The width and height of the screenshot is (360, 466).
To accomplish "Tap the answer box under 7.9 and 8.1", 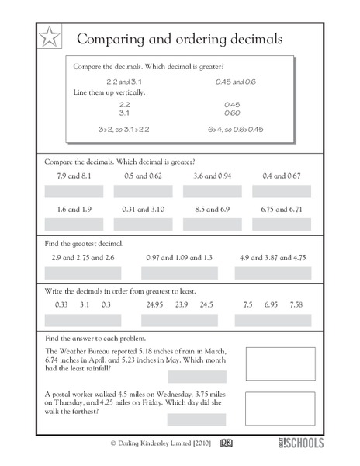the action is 74,191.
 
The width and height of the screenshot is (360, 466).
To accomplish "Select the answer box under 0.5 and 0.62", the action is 143,191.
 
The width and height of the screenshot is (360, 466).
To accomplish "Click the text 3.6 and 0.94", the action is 212,176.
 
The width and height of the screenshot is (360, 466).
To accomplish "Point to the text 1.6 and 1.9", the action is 74,210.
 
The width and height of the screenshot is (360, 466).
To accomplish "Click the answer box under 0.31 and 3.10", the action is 143,224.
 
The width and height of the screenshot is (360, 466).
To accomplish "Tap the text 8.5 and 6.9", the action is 212,210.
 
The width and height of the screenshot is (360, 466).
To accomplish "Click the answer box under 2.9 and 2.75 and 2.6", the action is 84,273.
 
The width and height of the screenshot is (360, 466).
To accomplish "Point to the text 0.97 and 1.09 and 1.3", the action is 180,257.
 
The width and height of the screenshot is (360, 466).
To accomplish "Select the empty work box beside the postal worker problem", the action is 280,408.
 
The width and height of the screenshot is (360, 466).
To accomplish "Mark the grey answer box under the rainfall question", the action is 196,376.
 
